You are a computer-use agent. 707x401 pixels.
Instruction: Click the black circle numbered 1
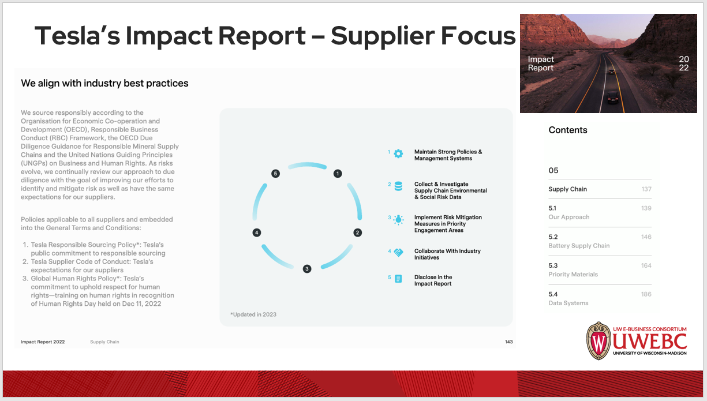338,173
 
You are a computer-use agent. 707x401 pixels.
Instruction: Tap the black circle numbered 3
307,268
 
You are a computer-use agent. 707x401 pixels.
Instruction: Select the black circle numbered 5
275,173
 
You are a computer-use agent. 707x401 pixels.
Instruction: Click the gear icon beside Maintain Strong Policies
398,153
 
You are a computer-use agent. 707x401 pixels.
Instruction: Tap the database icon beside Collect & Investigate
398,186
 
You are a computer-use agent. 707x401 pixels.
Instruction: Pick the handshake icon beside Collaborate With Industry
398,253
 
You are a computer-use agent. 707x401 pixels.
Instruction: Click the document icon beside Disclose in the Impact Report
398,279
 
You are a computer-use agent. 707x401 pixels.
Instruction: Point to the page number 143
508,342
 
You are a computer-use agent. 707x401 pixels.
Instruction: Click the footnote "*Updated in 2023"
253,314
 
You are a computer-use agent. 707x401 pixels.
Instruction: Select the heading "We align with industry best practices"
104,83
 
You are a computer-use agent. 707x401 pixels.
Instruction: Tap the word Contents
568,130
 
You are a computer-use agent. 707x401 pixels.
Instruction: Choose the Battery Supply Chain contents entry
579,246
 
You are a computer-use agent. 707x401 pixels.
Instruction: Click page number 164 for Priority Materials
646,265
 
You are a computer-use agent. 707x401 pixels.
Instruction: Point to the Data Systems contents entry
568,303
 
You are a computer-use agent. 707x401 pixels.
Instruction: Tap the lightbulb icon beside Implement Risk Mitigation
398,219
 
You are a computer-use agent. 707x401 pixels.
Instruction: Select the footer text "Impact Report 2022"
43,342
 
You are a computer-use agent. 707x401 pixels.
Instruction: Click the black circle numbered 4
256,233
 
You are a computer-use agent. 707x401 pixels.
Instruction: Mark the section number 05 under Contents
553,170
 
